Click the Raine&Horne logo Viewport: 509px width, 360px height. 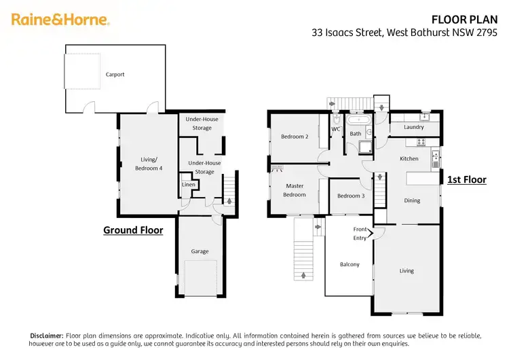tap(60, 20)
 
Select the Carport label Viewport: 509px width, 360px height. tap(115, 75)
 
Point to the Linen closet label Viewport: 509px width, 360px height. tap(189, 185)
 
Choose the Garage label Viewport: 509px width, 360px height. tap(200, 251)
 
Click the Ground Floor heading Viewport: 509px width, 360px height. tap(133, 230)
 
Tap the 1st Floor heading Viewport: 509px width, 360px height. tap(466, 180)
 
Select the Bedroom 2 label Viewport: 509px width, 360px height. tap(295, 137)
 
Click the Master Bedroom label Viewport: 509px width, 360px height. tap(295, 190)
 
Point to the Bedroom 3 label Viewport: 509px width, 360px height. tap(351, 196)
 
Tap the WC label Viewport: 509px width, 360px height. tap(336, 129)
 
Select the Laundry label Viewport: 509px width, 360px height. tap(413, 127)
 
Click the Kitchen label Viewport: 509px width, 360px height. tap(409, 158)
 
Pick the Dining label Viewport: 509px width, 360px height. tap(412, 200)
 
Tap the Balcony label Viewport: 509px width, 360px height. tap(349, 264)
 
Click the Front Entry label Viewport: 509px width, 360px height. tap(360, 234)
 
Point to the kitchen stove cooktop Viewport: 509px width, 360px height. tap(419, 142)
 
